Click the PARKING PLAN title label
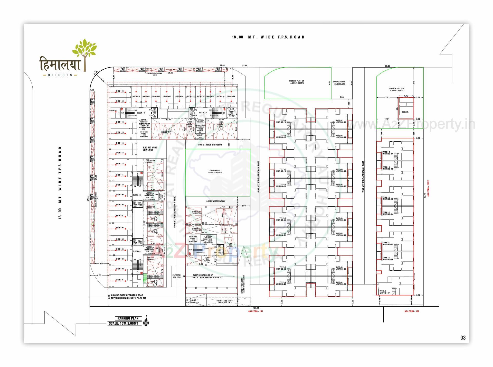tap(128, 318)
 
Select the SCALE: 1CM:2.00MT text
tap(125, 323)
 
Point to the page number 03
tap(463, 338)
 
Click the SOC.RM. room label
tap(405, 112)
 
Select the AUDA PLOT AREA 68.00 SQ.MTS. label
tap(339, 83)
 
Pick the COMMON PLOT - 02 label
tap(396, 89)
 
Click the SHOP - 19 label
tap(119, 91)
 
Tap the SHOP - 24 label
tap(179, 96)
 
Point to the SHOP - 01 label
tap(119, 280)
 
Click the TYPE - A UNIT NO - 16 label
tap(281, 121)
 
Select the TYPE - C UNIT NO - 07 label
tap(384, 292)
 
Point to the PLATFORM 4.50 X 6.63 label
tap(177, 276)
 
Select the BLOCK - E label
tap(208, 249)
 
